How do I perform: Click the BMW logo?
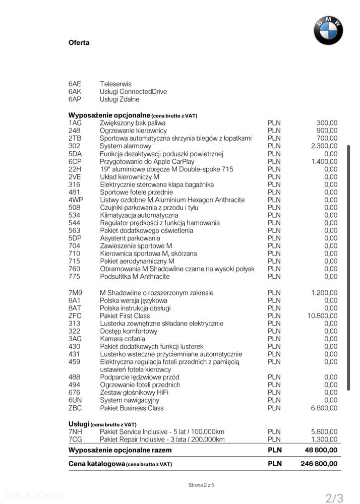tap(328, 30)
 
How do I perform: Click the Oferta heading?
tap(79, 43)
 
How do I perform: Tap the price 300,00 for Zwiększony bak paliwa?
tap(327, 122)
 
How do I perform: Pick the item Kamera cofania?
tap(123, 339)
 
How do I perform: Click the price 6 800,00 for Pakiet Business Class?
tap(324, 408)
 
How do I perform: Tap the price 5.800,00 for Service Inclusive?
tap(324, 432)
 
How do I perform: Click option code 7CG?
tap(75, 439)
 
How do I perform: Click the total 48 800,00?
tap(321, 450)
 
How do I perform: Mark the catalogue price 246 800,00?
tap(319, 464)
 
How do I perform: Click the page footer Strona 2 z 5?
tap(201, 485)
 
